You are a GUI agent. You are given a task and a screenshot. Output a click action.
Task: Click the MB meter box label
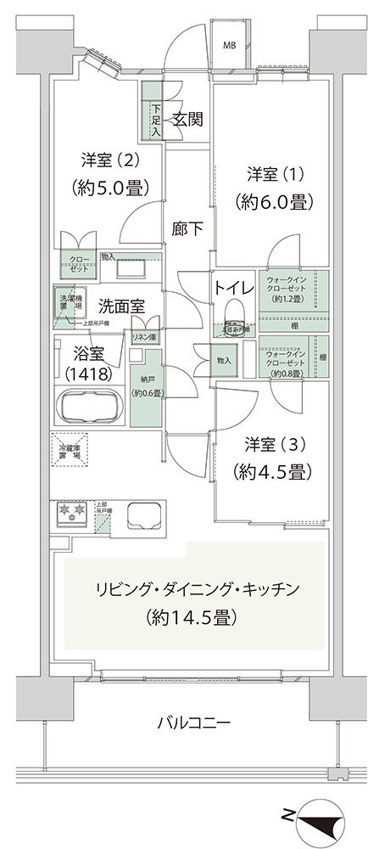(x=230, y=45)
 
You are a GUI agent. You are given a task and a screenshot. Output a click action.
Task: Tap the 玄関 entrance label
(x=187, y=120)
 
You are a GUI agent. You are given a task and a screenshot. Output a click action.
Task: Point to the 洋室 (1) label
(x=270, y=173)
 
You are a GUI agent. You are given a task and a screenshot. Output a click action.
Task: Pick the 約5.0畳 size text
(x=110, y=187)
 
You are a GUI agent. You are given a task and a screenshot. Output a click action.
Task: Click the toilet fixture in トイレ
(x=234, y=322)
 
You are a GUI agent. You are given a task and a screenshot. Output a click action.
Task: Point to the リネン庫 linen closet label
(x=143, y=337)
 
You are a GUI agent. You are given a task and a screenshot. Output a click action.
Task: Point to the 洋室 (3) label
(x=270, y=445)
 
